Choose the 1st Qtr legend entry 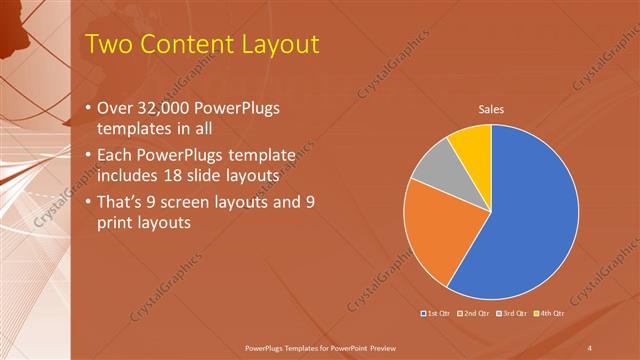(x=436, y=314)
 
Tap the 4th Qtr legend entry (x=550, y=314)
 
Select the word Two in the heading (x=106, y=44)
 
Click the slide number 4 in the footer (x=589, y=346)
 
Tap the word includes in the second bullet (x=128, y=175)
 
